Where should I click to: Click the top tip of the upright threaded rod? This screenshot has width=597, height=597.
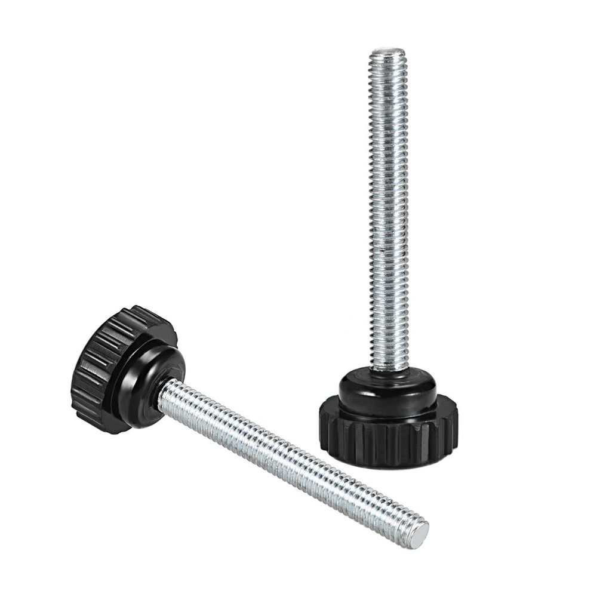pos(388,52)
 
